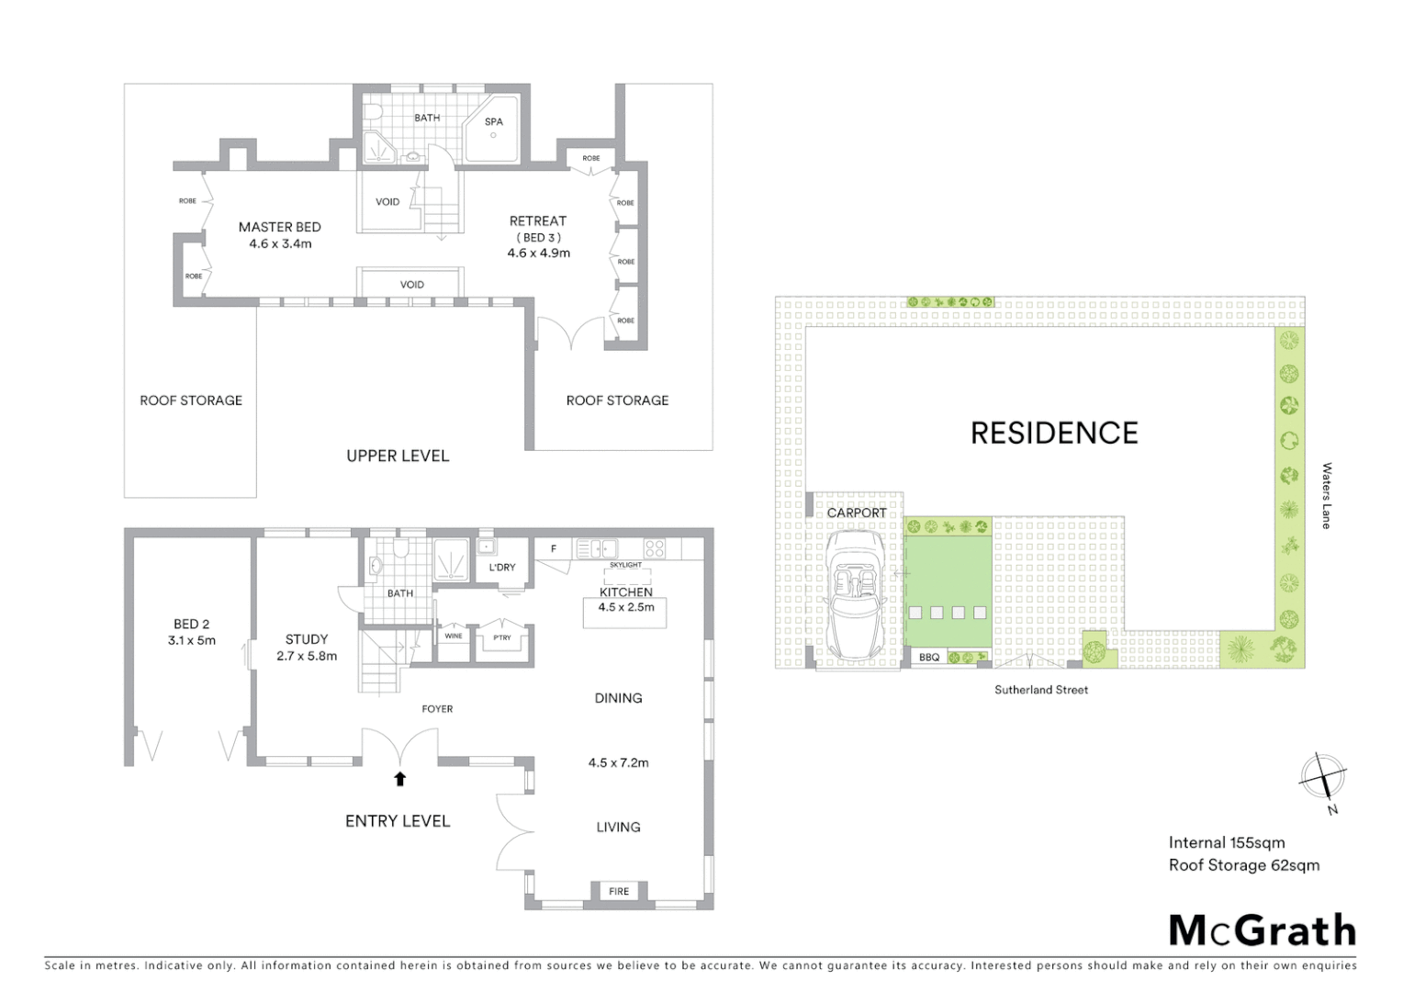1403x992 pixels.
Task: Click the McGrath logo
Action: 1262,930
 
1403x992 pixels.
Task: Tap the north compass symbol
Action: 1322,778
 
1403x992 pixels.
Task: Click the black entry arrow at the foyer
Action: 399,779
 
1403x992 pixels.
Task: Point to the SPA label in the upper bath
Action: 494,121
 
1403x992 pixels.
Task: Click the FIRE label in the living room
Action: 619,891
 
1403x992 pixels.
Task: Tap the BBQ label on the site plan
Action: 928,658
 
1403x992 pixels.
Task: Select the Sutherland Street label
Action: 1040,690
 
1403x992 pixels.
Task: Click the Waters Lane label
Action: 1326,495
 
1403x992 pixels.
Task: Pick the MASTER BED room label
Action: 279,227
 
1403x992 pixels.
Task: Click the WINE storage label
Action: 454,636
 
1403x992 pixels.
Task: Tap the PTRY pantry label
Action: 501,637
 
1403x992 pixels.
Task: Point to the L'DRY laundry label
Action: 502,568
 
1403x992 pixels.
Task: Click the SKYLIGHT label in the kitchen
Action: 625,565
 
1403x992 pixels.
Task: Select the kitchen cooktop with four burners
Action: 654,548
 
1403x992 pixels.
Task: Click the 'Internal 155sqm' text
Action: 1226,842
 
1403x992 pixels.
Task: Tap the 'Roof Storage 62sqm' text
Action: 1243,864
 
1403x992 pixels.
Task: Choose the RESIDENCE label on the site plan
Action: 1054,433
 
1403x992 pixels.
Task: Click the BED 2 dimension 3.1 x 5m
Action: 191,640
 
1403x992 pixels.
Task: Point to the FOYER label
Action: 437,709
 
